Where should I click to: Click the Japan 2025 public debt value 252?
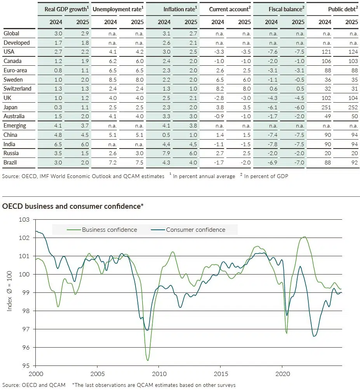tap(351, 107)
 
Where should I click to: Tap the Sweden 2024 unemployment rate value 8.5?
tap(111, 79)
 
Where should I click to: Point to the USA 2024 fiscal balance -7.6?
tap(272, 52)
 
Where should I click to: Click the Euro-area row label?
tap(15, 70)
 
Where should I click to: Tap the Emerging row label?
tap(15, 126)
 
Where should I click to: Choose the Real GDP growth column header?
tap(64, 8)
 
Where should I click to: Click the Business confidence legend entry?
tap(109, 230)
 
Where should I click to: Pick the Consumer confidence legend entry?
tap(195, 230)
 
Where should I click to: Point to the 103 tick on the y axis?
tap(24, 220)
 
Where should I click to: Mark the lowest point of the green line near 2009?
tap(148, 360)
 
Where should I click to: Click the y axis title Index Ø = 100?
tap(9, 292)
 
